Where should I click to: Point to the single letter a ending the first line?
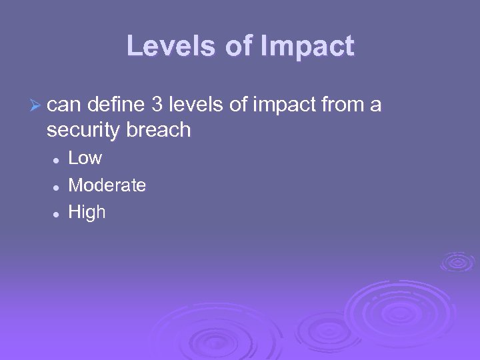click(377, 105)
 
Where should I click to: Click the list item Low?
click(85, 159)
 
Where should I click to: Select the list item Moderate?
click(107, 185)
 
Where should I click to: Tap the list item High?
click(87, 213)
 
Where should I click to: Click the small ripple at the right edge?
click(457, 261)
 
